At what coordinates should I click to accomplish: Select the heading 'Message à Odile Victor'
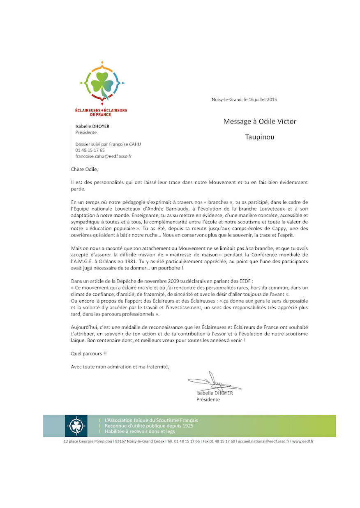(x=260, y=121)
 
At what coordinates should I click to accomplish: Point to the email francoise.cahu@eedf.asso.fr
(x=104, y=157)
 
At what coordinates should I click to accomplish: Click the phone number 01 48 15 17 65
(x=90, y=150)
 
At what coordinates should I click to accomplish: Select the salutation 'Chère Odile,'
(x=85, y=169)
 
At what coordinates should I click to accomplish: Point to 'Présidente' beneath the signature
(x=208, y=399)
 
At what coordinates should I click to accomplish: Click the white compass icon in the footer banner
(x=76, y=426)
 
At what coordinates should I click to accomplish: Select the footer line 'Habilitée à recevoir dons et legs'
(x=140, y=431)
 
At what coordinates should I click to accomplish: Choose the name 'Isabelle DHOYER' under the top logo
(x=92, y=126)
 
